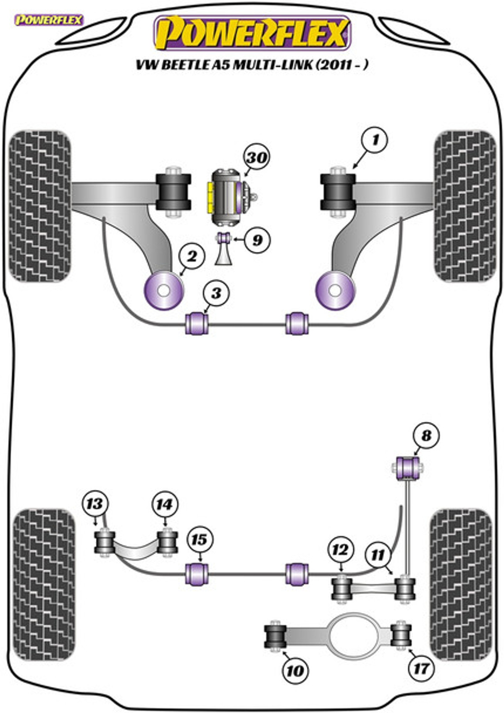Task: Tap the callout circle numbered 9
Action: point(257,240)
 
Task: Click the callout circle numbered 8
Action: point(426,436)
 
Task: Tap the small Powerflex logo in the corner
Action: point(49,20)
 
